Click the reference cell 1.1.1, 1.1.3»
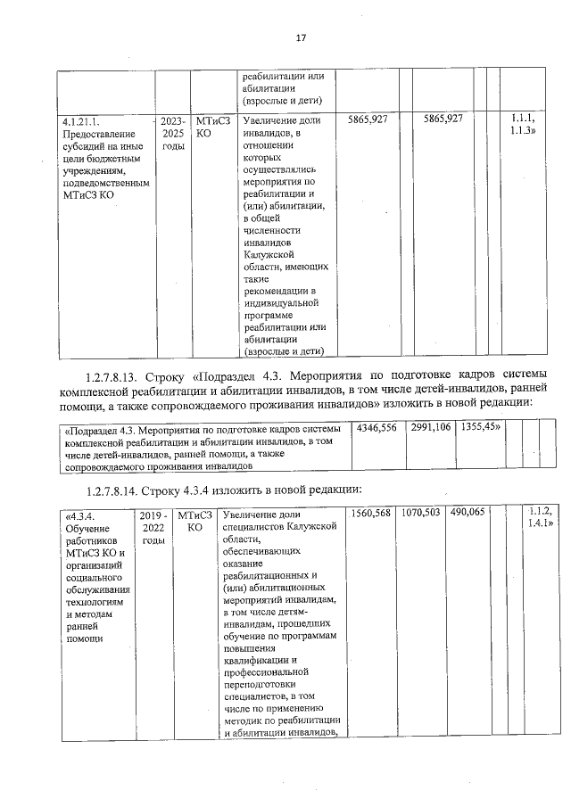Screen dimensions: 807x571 pyautogui.click(x=522, y=125)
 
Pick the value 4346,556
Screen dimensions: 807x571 pyautogui.click(x=377, y=428)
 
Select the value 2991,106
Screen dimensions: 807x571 pyautogui.click(x=431, y=428)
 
